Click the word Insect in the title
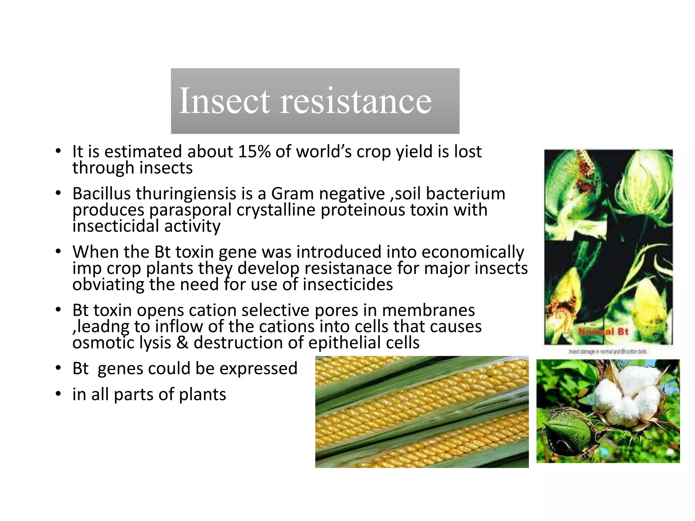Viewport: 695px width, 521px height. pos(224,100)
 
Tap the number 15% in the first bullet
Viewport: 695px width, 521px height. pos(254,152)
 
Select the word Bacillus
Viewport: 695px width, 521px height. pos(101,194)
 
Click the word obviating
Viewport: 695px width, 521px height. pos(108,284)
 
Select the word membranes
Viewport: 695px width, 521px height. pos(428,310)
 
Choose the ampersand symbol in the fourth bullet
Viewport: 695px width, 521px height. pos(182,343)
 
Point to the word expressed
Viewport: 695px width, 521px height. pos(258,368)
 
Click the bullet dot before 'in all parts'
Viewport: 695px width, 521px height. pos(58,394)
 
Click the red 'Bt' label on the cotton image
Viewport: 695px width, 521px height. pos(623,332)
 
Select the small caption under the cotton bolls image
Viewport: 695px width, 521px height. pos(607,352)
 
